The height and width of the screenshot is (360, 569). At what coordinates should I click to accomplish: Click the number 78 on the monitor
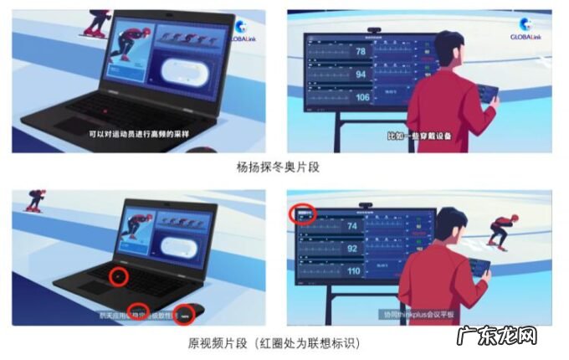pyautogui.click(x=361, y=53)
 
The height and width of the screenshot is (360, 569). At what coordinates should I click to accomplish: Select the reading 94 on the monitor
pyautogui.click(x=361, y=75)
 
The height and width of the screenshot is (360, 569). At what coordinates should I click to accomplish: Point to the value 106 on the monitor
pyautogui.click(x=361, y=98)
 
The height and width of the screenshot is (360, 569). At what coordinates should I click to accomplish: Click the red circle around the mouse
pyautogui.click(x=184, y=314)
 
